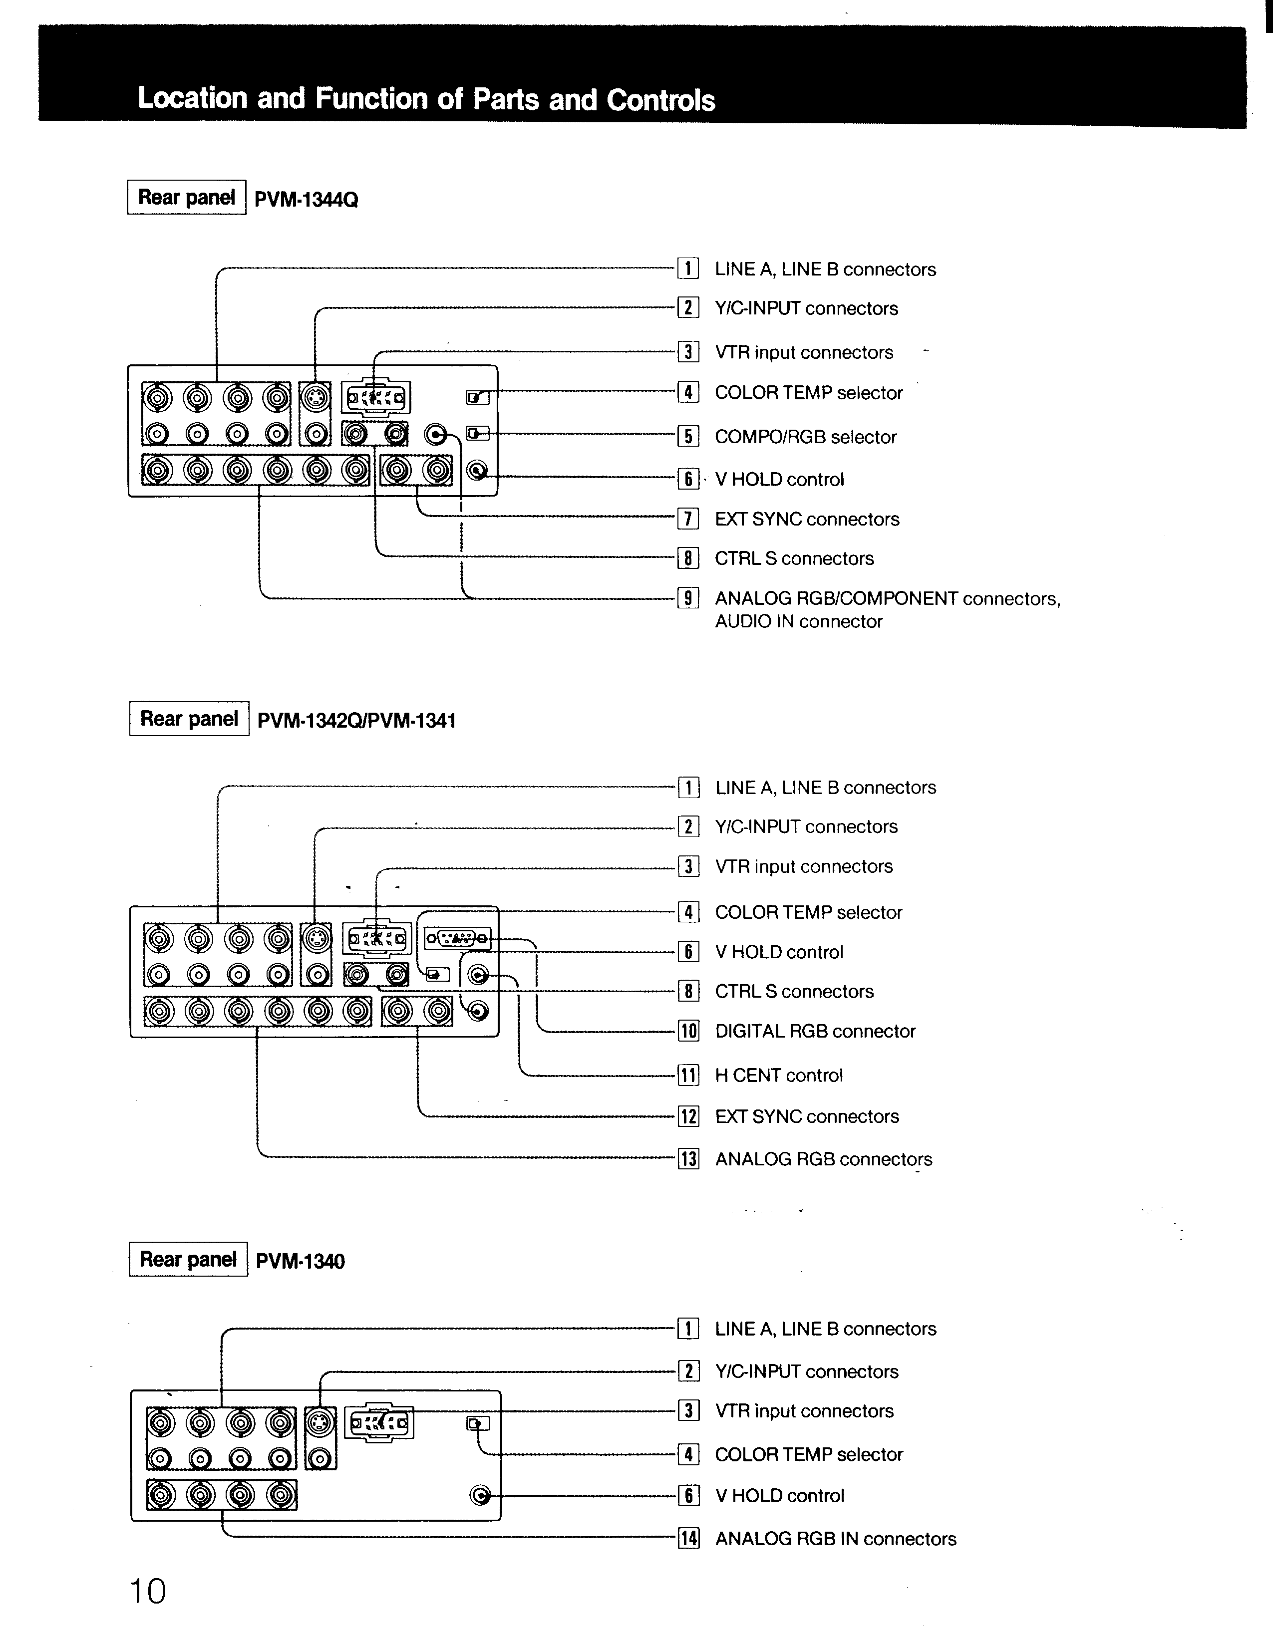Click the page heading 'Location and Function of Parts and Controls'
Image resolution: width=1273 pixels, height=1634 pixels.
pos(426,99)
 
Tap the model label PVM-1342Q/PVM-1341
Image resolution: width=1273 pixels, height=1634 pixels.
pos(356,721)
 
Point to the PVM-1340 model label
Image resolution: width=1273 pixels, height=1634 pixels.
pos(300,1261)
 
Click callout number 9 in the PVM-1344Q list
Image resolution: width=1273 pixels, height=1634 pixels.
pos(688,598)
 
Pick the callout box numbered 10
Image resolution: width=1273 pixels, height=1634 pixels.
pos(688,1032)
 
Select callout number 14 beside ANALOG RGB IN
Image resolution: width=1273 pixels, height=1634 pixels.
pos(688,1539)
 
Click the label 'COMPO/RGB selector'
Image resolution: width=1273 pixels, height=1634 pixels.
pos(805,437)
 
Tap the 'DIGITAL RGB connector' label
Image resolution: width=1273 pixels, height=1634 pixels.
pos(815,1032)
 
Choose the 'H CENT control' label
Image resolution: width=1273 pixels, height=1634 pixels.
pos(778,1076)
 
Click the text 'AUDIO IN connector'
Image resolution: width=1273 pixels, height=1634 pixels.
pos(799,622)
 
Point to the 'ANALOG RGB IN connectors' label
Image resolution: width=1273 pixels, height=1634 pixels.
pos(835,1539)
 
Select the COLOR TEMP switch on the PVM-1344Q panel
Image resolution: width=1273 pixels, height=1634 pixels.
pos(477,397)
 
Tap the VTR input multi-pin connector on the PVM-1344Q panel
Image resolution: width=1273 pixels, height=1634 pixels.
pos(376,397)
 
